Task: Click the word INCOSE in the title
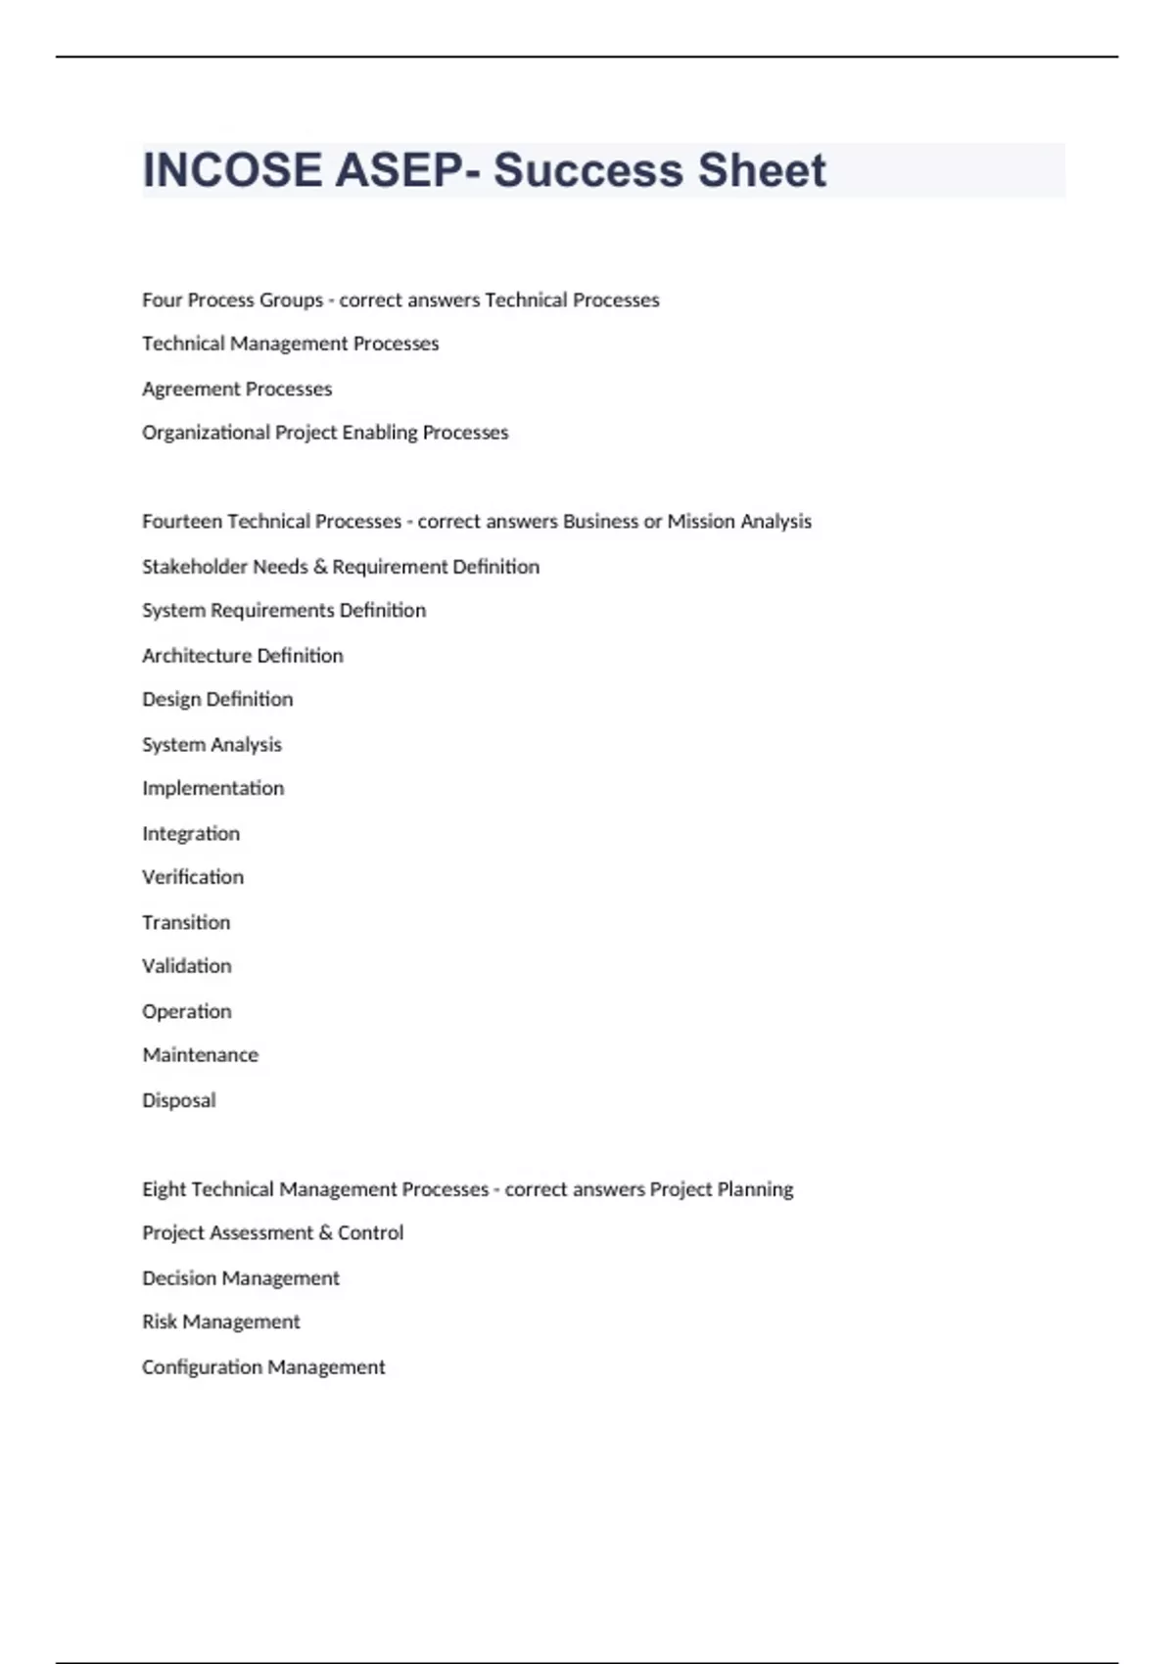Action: (x=232, y=170)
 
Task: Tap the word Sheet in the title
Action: (x=762, y=170)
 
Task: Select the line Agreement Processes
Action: (x=237, y=389)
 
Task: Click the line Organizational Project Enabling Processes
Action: (x=325, y=433)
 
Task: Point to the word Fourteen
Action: (x=181, y=522)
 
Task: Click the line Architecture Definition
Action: (x=243, y=656)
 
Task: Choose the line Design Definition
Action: (x=217, y=699)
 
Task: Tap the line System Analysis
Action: (x=211, y=745)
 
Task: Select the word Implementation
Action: (x=212, y=788)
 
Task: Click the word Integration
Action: (x=191, y=834)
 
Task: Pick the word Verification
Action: (x=193, y=877)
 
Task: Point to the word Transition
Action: (x=186, y=922)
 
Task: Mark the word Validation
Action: (x=187, y=966)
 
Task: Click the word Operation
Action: (x=187, y=1011)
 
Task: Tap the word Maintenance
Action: (x=201, y=1055)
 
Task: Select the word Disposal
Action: (x=179, y=1100)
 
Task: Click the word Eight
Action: (x=164, y=1189)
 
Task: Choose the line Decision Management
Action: (x=241, y=1278)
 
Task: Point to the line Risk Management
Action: (x=221, y=1321)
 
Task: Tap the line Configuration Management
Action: (x=263, y=1366)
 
